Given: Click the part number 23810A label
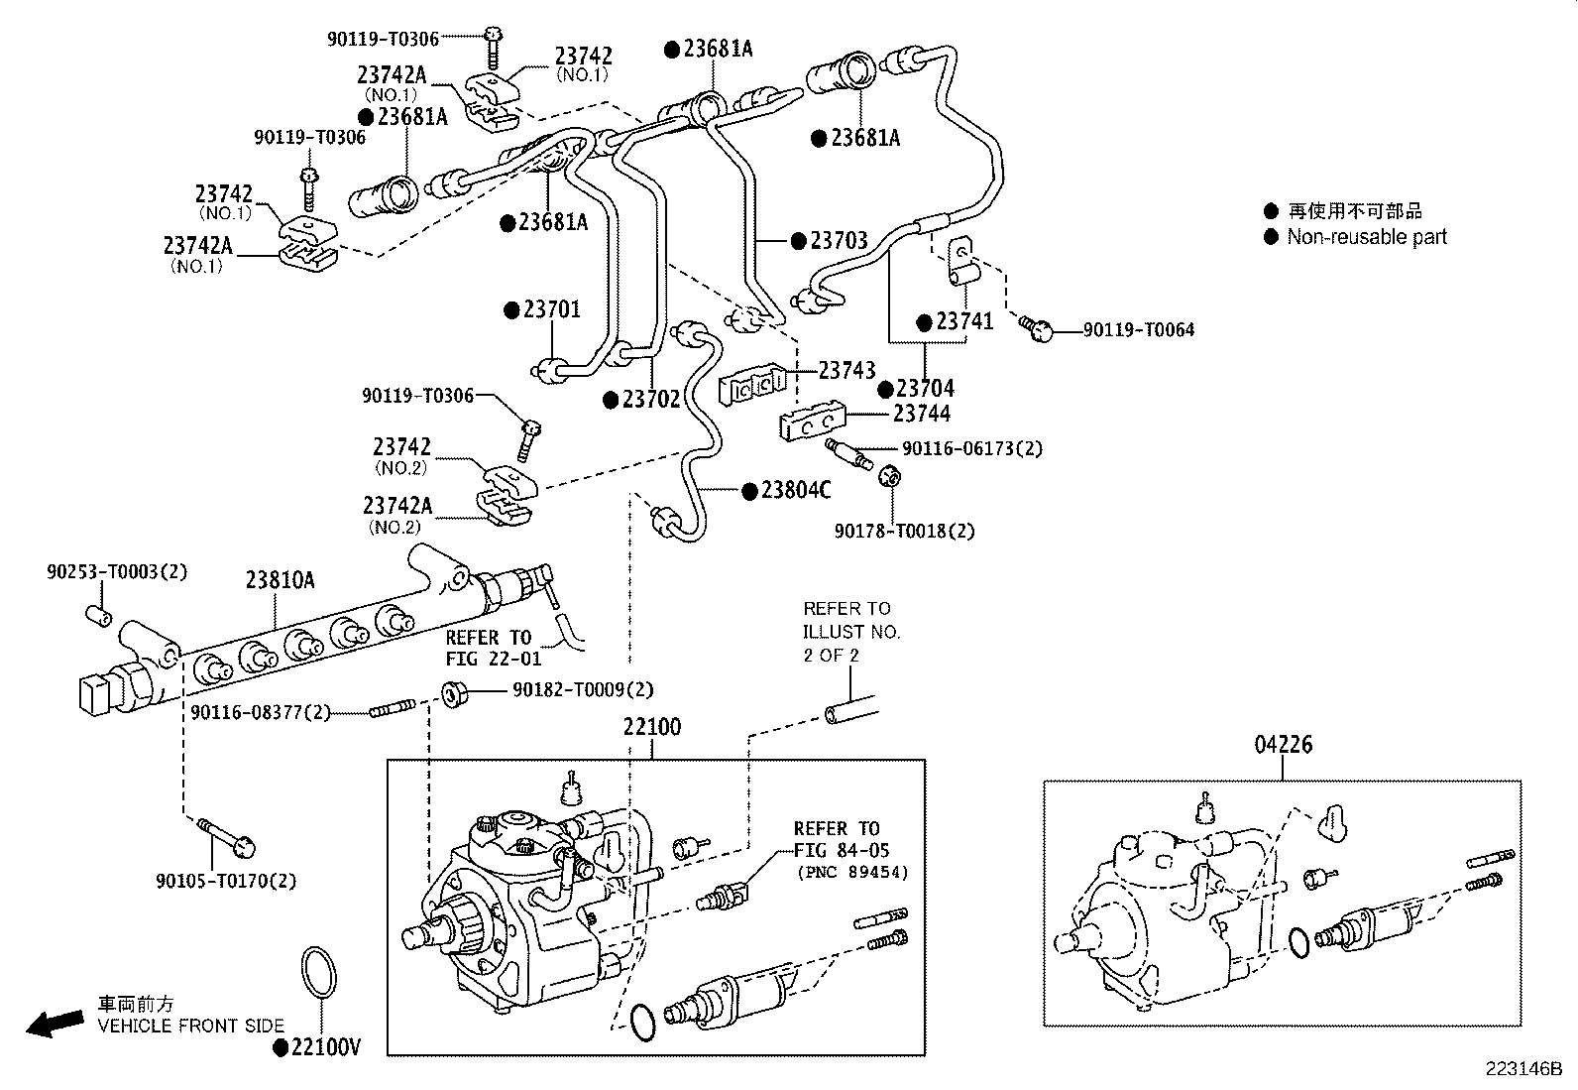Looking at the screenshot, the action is click(x=280, y=580).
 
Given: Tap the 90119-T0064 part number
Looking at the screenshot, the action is click(x=1139, y=329).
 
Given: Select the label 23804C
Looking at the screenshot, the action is click(x=796, y=490).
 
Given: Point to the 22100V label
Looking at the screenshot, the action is click(x=325, y=1047).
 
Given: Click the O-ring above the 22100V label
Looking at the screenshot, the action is click(x=319, y=972).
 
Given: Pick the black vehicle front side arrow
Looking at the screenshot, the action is click(x=55, y=1023).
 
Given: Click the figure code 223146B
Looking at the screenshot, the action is click(x=1523, y=1069).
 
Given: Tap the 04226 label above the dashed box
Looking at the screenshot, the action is click(x=1283, y=745).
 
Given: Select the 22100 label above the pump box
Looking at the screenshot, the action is click(x=651, y=727).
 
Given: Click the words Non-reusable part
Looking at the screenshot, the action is click(x=1367, y=237).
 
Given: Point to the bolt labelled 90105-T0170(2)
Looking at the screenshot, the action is click(x=226, y=836).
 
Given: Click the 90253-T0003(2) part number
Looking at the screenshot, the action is click(x=118, y=571).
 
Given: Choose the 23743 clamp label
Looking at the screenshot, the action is click(x=846, y=370).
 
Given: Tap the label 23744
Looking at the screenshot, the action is click(x=922, y=414).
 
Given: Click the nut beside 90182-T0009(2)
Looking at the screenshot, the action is click(x=456, y=694).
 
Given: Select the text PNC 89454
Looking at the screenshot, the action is click(x=853, y=873).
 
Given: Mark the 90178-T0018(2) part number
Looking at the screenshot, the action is click(x=905, y=531).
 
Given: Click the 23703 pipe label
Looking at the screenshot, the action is click(x=839, y=240).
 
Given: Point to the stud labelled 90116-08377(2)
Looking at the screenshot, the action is click(x=393, y=708).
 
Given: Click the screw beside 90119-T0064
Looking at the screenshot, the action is click(x=1036, y=328).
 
